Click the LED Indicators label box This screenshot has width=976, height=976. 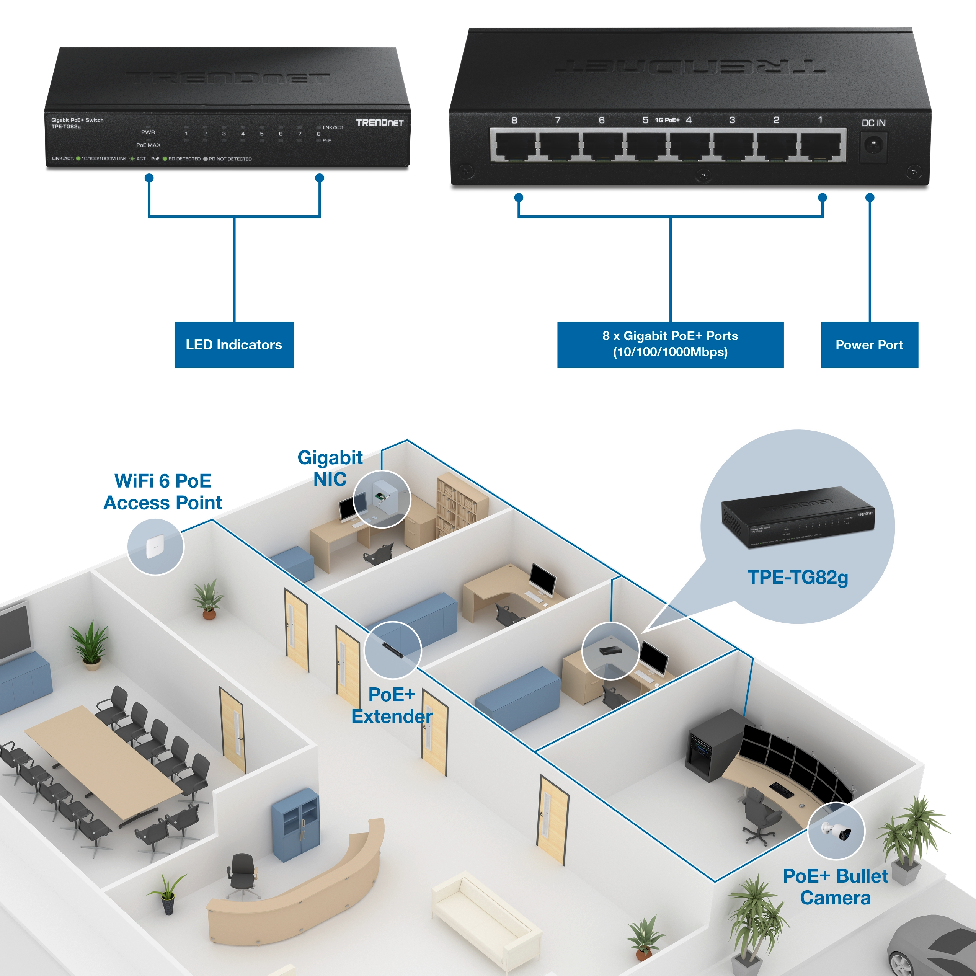click(x=234, y=344)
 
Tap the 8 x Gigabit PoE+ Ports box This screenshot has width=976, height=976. click(x=670, y=344)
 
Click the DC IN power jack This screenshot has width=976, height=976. click(x=873, y=146)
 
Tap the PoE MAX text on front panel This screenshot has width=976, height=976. click(x=148, y=145)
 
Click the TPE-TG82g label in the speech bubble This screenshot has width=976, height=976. click(x=797, y=577)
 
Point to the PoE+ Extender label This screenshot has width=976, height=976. click(x=392, y=705)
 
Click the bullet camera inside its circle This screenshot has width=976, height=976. click(x=836, y=831)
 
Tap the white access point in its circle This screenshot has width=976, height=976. click(x=155, y=547)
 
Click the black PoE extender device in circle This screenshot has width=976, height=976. click(x=393, y=650)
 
